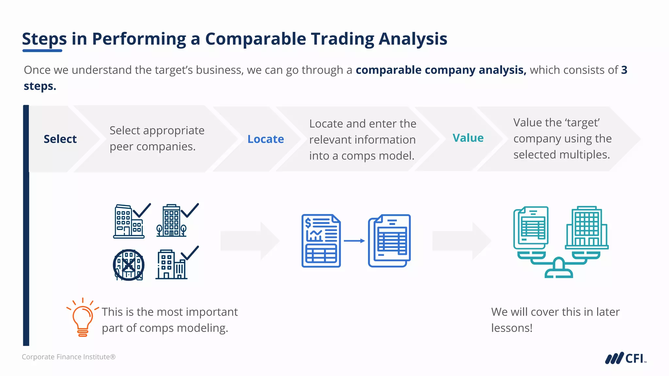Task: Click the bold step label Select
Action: pos(60,139)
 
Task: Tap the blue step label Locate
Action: pos(266,139)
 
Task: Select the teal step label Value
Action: pos(468,138)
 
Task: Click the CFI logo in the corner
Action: pos(625,358)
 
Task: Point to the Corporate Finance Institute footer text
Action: pos(69,357)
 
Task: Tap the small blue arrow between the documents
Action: pos(354,241)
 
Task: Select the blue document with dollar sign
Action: pos(321,241)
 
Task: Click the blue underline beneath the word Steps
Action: pos(42,51)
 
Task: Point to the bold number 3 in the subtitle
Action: pos(624,70)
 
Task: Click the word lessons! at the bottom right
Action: pos(512,328)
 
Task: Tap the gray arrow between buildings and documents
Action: pos(250,241)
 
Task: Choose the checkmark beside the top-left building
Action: pos(142,210)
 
